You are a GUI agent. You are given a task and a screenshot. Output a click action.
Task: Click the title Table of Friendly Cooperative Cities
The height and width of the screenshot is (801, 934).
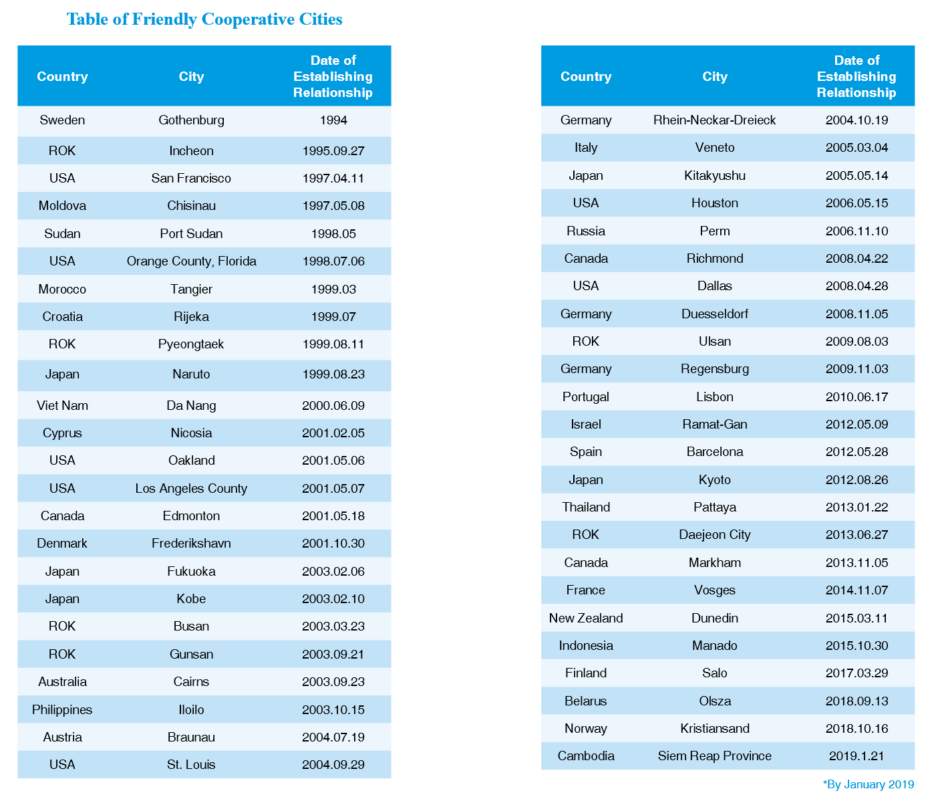204,19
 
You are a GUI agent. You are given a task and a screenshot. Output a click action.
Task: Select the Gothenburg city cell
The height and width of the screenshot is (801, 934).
191,120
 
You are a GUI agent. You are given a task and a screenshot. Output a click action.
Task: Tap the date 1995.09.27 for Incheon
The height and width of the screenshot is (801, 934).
333,151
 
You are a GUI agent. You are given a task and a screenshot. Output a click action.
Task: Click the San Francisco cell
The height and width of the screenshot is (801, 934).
191,179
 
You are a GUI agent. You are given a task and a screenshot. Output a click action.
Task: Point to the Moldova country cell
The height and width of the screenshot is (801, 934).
62,206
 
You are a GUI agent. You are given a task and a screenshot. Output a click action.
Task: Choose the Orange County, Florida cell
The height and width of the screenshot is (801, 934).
191,261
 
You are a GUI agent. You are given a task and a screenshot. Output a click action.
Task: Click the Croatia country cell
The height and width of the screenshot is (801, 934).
62,317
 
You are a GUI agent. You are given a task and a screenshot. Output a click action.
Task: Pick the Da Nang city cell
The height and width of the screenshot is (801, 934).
191,406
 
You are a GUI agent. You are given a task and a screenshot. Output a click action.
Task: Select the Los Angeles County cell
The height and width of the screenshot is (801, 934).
191,489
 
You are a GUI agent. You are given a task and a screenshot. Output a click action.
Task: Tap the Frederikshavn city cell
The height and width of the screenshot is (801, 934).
191,544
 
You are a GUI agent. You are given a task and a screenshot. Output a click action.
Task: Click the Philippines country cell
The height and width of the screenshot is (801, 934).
62,710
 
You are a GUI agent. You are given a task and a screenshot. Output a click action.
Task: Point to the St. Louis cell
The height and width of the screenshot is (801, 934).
191,765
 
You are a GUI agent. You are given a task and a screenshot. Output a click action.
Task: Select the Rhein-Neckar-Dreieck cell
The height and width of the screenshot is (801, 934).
714,120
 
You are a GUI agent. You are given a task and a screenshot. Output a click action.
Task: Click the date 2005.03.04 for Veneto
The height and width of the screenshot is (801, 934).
857,148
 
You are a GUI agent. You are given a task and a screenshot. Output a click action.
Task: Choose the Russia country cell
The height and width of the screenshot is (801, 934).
585,231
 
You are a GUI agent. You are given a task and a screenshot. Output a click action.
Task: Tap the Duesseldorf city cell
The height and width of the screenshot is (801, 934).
714,314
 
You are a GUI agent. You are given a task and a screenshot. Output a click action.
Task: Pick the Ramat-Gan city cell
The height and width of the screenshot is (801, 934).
714,425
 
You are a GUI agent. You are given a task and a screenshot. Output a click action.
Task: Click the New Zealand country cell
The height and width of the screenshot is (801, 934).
585,618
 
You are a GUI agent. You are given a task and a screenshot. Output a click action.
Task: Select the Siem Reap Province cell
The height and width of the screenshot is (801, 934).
714,756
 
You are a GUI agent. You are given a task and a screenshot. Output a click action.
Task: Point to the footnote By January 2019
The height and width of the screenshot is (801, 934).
868,785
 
